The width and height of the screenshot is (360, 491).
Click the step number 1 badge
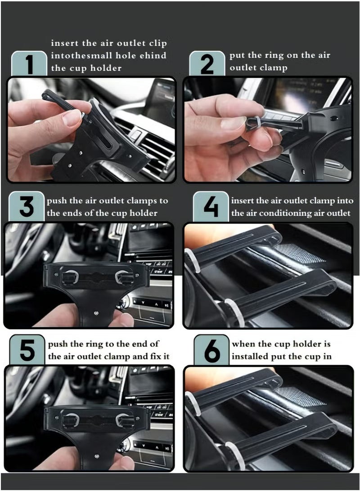click(x=29, y=64)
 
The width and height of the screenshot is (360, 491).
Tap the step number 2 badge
click(x=207, y=64)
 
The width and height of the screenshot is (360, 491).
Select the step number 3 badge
click(x=27, y=207)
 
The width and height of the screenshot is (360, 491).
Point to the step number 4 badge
click(x=211, y=207)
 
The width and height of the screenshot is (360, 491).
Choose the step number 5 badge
click(x=27, y=350)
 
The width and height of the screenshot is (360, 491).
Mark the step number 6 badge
click(x=211, y=350)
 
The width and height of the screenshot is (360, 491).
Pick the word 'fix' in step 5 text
click(x=155, y=357)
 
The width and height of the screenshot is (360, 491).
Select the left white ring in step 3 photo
click(x=72, y=276)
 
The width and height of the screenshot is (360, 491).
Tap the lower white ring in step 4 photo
click(x=234, y=312)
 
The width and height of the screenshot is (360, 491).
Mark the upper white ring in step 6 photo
click(x=193, y=404)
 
